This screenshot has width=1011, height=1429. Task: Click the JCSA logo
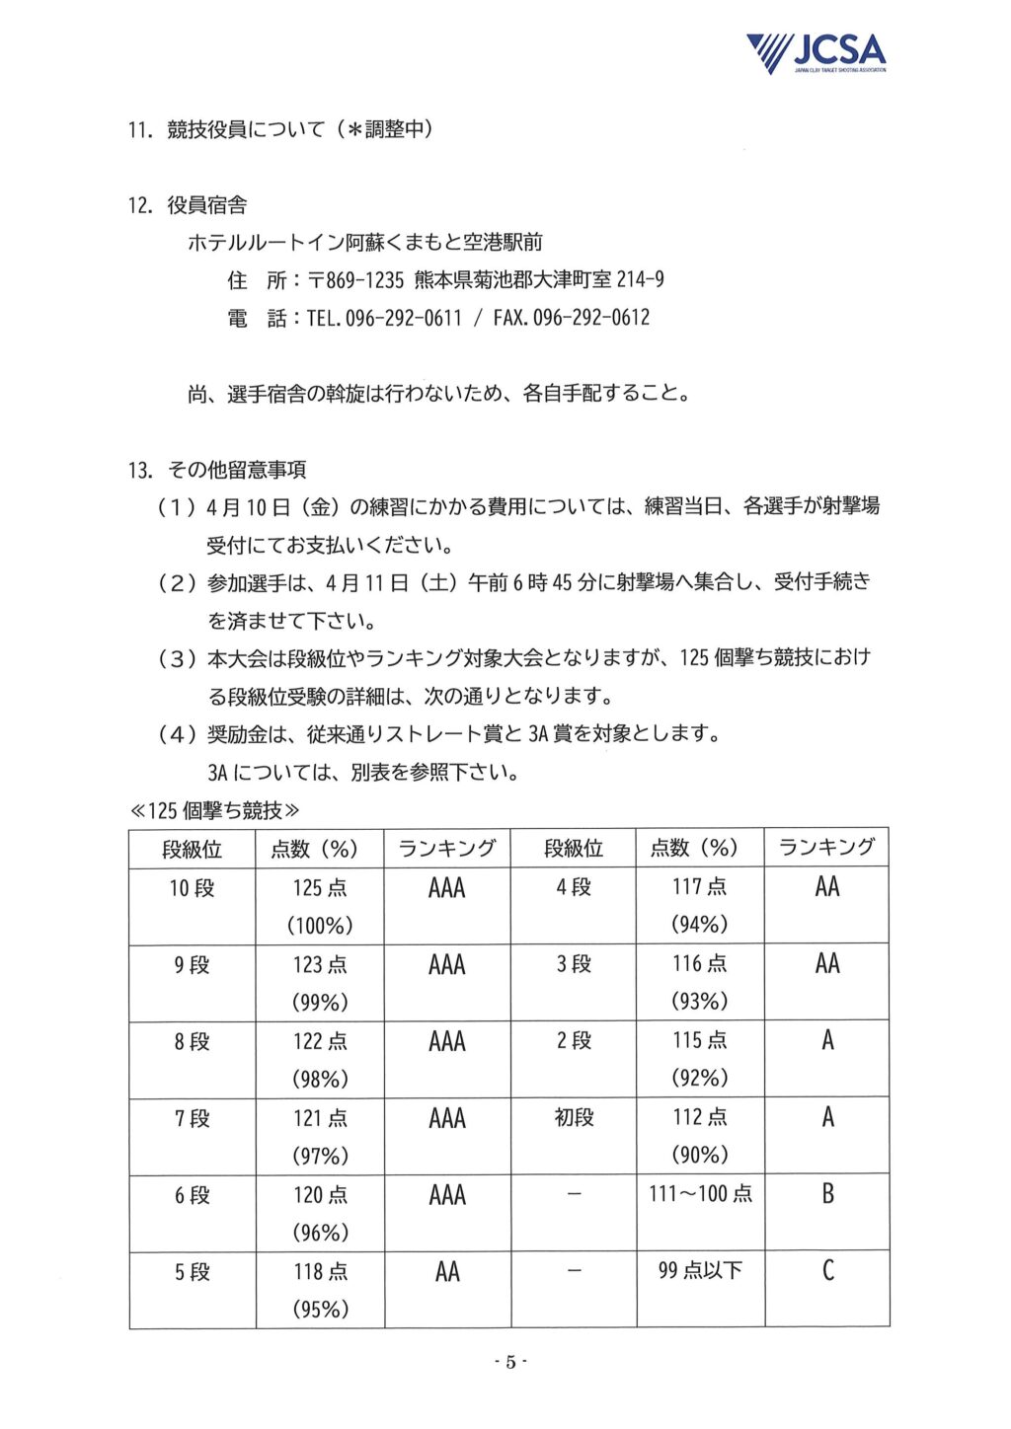tap(816, 53)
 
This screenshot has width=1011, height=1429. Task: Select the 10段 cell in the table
tap(192, 888)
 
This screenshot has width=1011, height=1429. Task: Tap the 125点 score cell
tap(320, 888)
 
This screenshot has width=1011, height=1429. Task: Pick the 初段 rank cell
tap(574, 1117)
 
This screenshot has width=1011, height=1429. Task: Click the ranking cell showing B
tap(827, 1194)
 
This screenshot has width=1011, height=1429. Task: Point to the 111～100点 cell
tap(700, 1194)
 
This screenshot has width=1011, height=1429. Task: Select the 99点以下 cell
tap(700, 1271)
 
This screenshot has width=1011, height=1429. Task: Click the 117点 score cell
tap(699, 886)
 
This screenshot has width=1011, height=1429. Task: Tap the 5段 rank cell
tap(192, 1272)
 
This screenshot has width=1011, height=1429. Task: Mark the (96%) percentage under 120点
tap(320, 1233)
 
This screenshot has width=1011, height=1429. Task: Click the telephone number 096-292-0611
tap(404, 318)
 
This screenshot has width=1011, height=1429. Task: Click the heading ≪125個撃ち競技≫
tap(215, 810)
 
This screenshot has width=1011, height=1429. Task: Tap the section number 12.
tap(139, 205)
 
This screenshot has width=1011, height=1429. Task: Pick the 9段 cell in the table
tap(192, 964)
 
